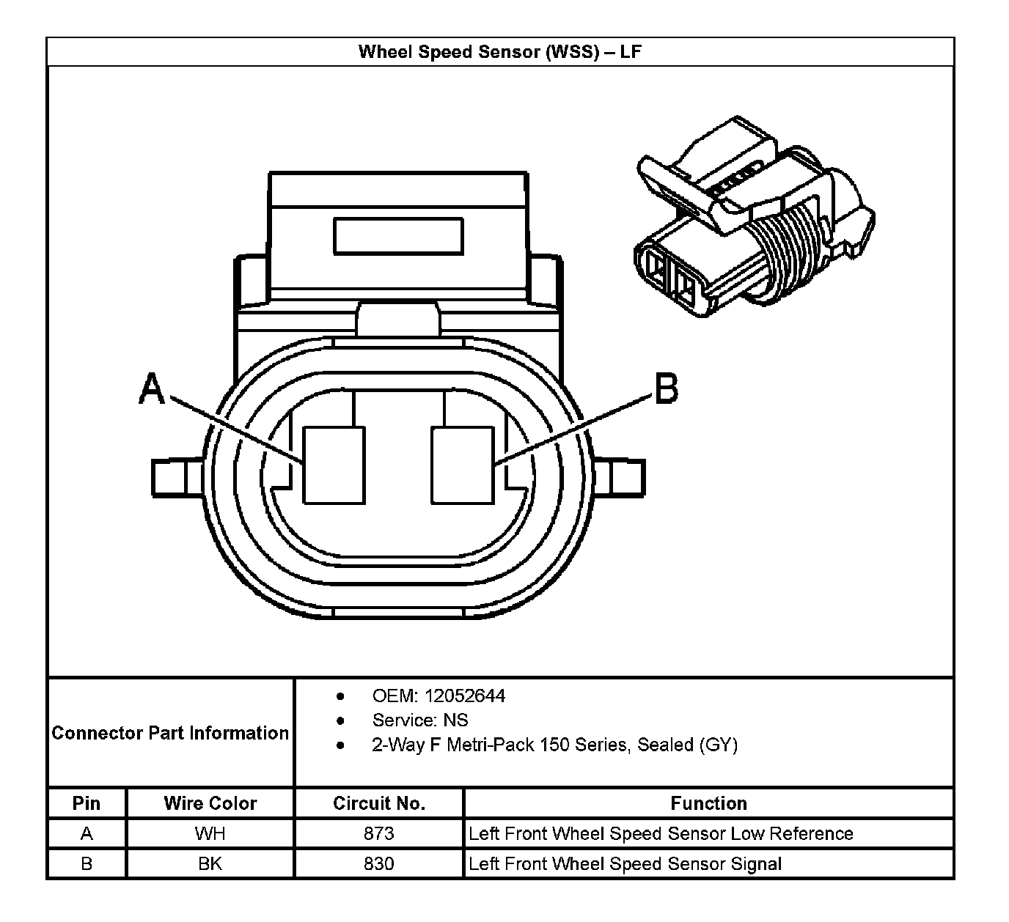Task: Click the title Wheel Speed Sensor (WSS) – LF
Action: point(500,52)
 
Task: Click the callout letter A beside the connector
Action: point(152,388)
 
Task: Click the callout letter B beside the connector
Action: point(666,388)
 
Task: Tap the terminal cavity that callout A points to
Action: point(334,465)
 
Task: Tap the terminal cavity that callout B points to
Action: point(462,465)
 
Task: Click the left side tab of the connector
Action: point(176,478)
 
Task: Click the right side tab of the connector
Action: point(620,478)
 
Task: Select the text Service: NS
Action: point(419,720)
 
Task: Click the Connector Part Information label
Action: point(170,733)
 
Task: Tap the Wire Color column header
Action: point(210,803)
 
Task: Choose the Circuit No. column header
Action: point(379,803)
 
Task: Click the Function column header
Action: point(708,803)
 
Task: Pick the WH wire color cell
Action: point(210,833)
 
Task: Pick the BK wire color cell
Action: point(210,863)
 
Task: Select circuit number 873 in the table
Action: point(379,833)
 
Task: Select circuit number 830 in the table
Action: point(379,863)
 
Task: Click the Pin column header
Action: point(87,803)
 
